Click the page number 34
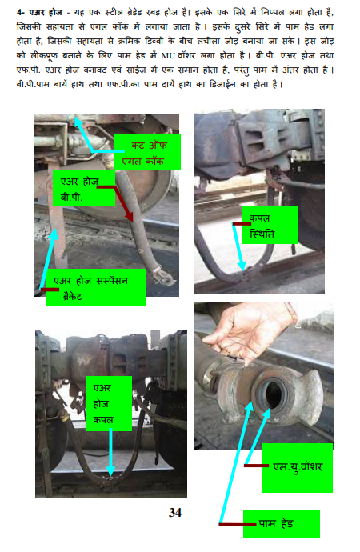[x=175, y=512]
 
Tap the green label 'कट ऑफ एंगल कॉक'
[x=147, y=151]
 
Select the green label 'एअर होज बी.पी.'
[x=84, y=188]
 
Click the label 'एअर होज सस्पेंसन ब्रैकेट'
[x=95, y=287]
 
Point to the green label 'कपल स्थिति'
[x=270, y=226]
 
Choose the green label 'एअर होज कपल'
[x=109, y=403]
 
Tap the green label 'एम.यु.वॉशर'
[x=298, y=467]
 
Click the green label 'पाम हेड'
[x=282, y=524]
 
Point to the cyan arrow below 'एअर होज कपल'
[x=110, y=452]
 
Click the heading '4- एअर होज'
[x=39, y=13]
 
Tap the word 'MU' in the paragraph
[x=168, y=56]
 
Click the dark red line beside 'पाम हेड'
[x=237, y=525]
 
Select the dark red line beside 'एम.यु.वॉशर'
[x=256, y=466]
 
